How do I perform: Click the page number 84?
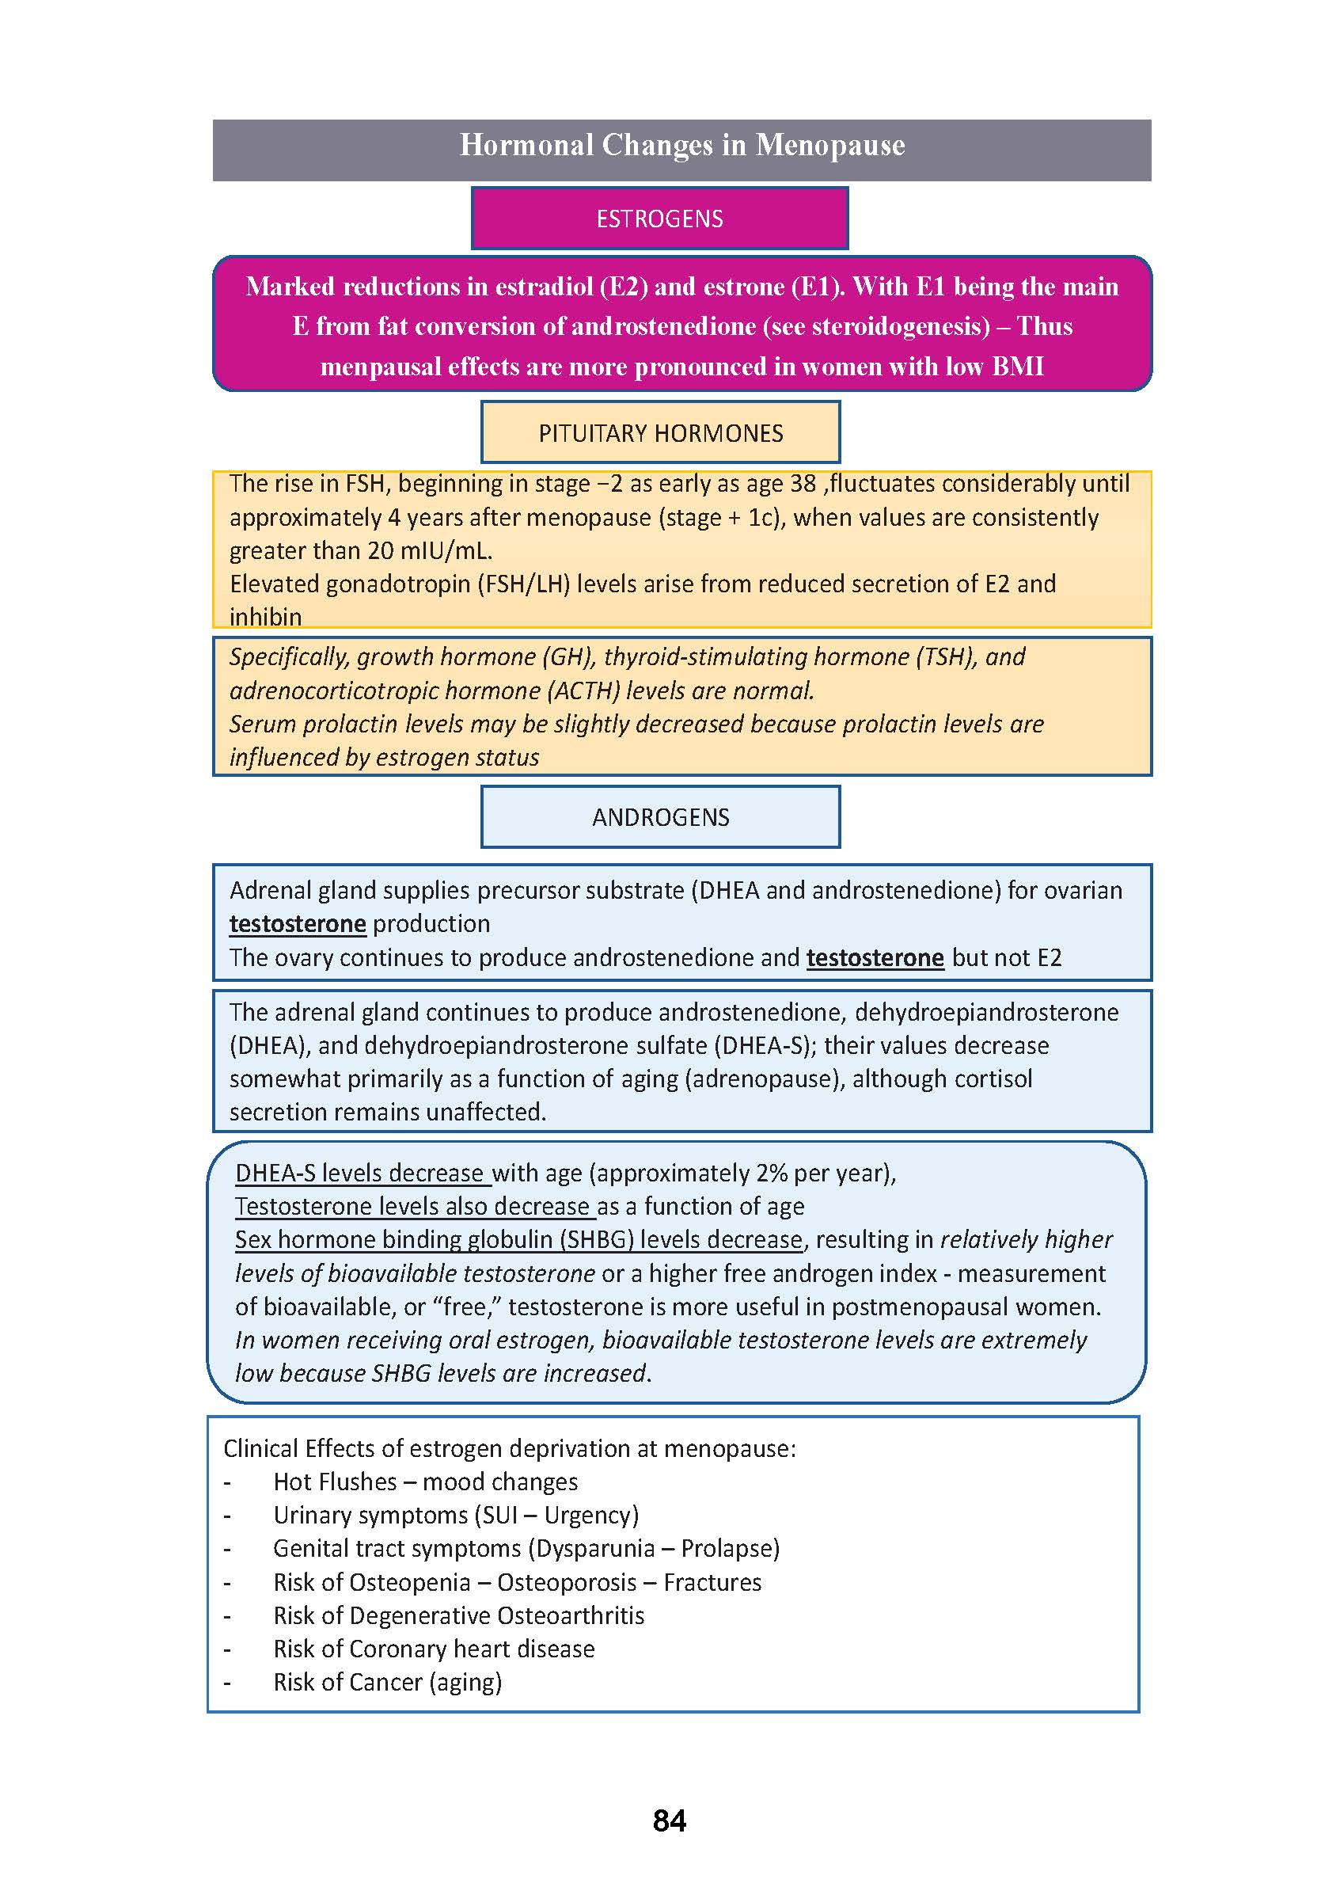[x=669, y=1820]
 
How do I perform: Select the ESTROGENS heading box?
[x=659, y=219]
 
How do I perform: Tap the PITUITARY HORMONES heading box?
[x=660, y=432]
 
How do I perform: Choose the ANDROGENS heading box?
[x=660, y=817]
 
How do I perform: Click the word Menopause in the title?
[x=830, y=145]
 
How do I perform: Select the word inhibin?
[x=265, y=617]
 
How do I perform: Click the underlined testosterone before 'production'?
[x=297, y=924]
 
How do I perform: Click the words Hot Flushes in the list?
[x=335, y=1482]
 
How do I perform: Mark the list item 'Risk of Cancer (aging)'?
[x=387, y=1682]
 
